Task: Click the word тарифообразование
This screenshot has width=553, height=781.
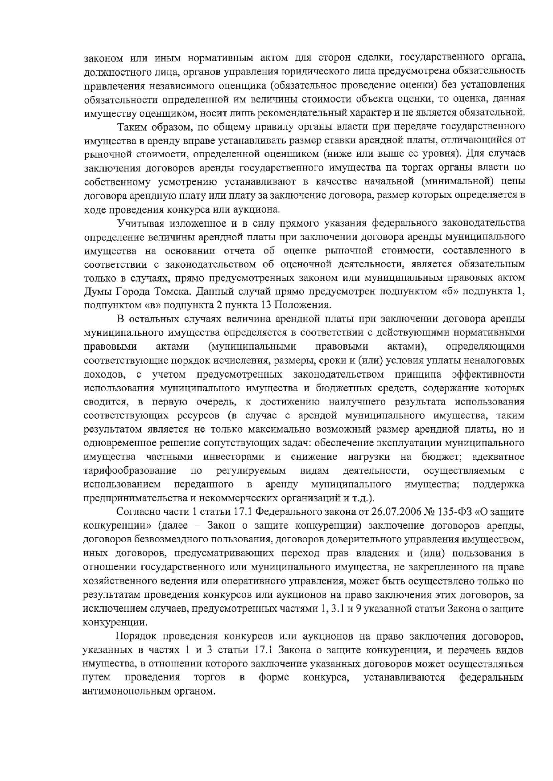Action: (130, 470)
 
